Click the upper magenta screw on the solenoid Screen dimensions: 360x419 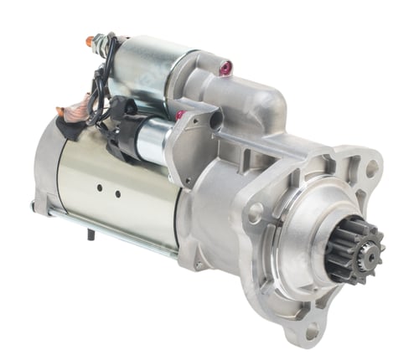223,64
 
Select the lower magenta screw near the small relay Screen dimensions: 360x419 179,114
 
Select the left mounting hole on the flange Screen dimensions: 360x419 254,213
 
